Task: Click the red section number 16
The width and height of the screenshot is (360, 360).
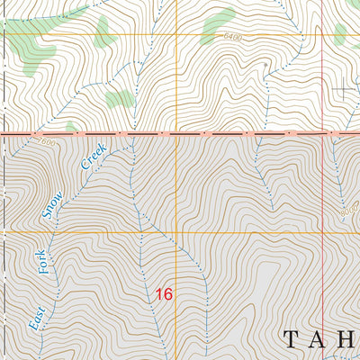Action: pyautogui.click(x=163, y=293)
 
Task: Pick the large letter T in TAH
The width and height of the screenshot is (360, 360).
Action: pyautogui.click(x=290, y=339)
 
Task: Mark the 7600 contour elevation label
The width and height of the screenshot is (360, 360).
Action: pyautogui.click(x=47, y=143)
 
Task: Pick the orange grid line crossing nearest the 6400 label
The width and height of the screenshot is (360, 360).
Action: pyautogui.click(x=176, y=35)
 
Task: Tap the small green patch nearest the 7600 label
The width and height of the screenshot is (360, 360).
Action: pyautogui.click(x=70, y=127)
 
